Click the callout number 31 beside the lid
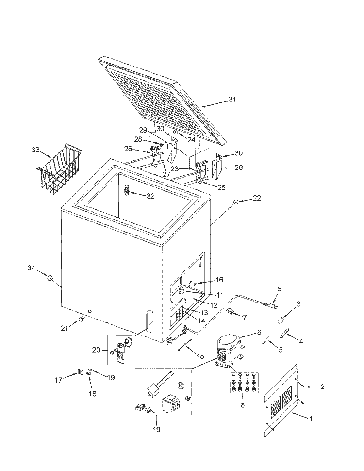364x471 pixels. coord(232,100)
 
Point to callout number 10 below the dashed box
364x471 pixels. coord(156,429)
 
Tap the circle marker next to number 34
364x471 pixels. coord(50,278)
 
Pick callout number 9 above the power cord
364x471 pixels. coord(279,288)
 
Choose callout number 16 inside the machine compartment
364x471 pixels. coord(219,280)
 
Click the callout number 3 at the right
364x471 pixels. coord(298,304)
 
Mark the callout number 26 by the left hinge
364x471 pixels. coord(128,149)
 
